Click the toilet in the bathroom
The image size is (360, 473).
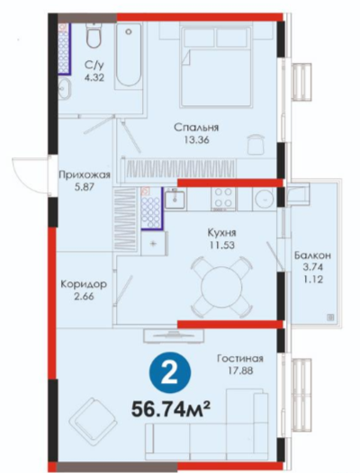94,35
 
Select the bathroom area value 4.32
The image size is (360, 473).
94,78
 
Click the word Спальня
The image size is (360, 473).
196,128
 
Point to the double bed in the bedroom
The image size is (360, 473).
216,67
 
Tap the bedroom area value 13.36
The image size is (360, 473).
197,140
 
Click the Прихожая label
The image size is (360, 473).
85,174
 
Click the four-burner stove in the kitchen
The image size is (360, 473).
224,199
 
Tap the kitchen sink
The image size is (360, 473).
175,198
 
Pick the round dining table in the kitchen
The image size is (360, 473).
221,287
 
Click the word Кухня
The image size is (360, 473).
221,233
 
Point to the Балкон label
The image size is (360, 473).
312,255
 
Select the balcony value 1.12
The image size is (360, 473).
312,280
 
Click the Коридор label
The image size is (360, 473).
84,284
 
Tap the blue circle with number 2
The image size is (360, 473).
170,373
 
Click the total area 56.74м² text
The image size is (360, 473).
171,409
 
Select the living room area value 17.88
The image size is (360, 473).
240,370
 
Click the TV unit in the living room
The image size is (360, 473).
174,335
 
